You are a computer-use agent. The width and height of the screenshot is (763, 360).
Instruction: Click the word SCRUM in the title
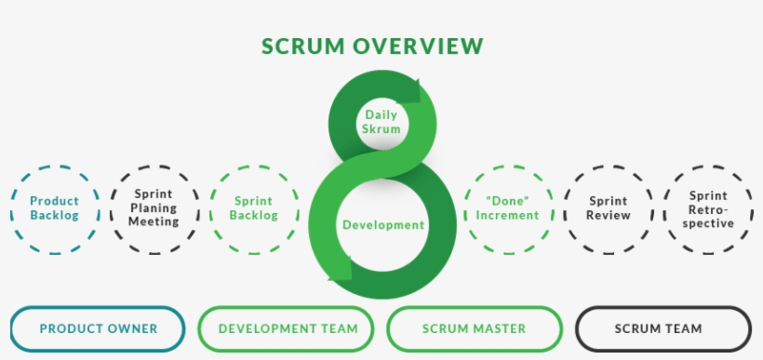coord(300,47)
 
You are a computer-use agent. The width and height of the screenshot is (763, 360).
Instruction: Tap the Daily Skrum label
coord(381,122)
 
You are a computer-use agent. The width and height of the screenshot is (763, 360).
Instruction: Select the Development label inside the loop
coord(382,224)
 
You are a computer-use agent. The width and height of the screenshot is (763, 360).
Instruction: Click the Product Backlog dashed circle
coord(54,208)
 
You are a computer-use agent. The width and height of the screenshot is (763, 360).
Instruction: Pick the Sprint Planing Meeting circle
coord(154,208)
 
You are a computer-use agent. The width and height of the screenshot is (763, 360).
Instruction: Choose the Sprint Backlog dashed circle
coord(254,208)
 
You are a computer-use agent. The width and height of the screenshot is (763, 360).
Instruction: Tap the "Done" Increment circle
coord(507,208)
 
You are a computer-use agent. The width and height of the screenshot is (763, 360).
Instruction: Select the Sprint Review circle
coord(609,208)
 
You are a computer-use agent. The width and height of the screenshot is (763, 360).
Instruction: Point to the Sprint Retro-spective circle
coord(708,208)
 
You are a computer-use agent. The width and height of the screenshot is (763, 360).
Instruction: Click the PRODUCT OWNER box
coord(98,328)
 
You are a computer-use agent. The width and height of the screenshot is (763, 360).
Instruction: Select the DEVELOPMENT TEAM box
coord(288,328)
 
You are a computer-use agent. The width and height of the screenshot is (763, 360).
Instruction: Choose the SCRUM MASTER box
coord(474,328)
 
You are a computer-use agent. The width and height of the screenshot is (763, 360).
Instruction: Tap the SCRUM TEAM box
coord(663,328)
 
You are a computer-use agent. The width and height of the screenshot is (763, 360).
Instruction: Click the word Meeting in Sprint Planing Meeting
coord(154,221)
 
